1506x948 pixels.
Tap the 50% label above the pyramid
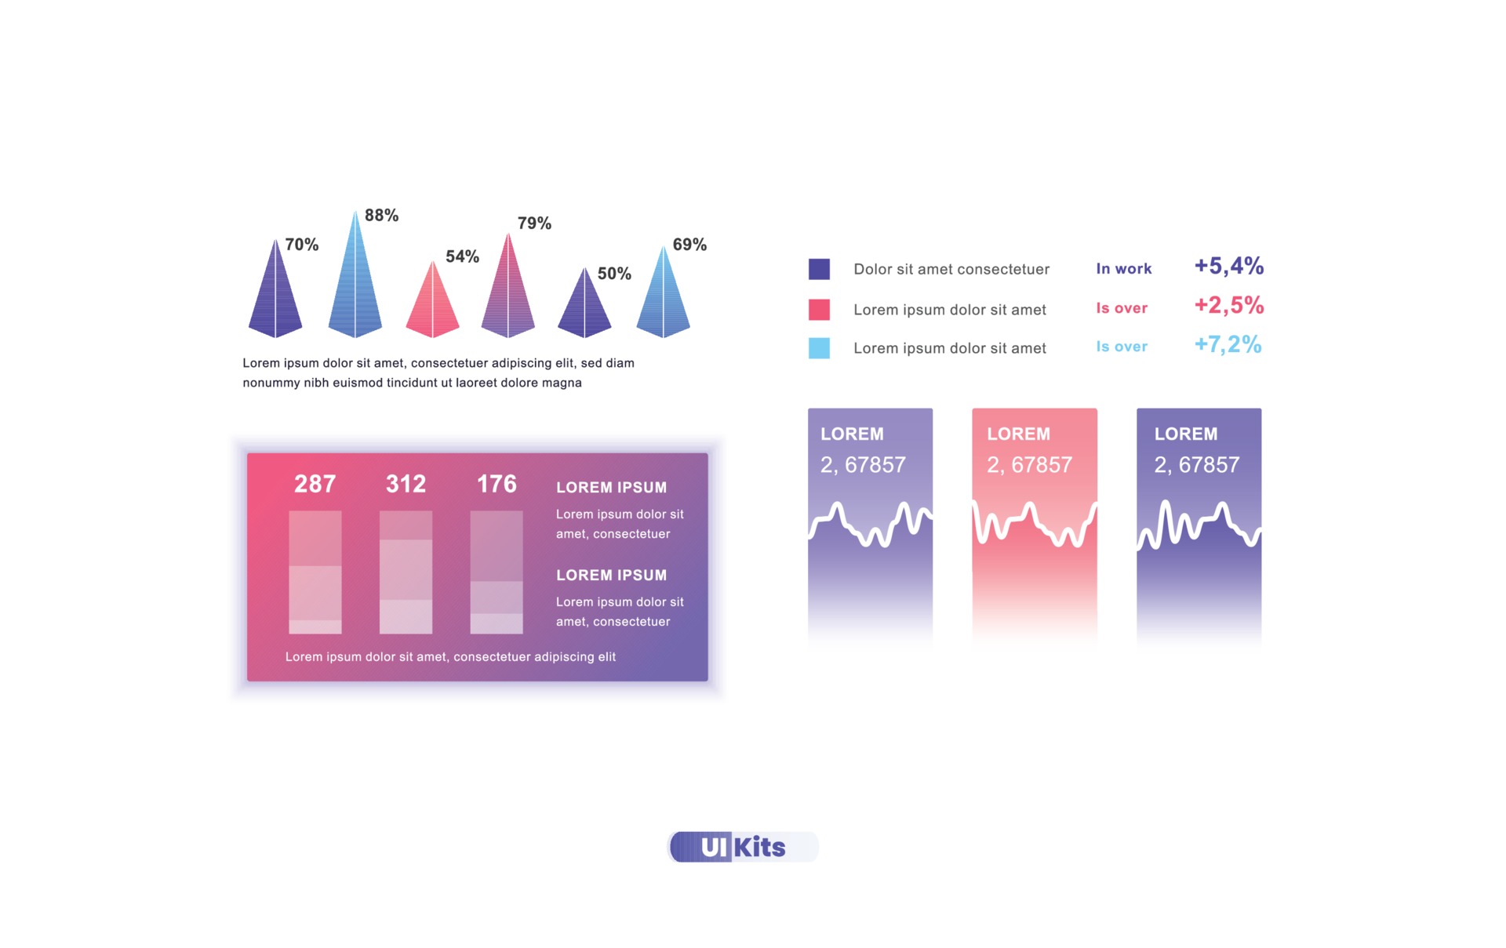[x=613, y=274]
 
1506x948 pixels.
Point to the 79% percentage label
[x=534, y=223]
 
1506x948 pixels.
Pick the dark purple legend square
[x=819, y=269]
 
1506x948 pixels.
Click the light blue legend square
[x=819, y=348]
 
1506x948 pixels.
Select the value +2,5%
[x=1228, y=305]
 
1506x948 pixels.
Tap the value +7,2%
[x=1228, y=344]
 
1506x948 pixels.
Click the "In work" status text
[x=1123, y=269]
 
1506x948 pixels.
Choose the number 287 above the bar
[x=315, y=484]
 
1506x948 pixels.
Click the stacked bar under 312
[x=406, y=572]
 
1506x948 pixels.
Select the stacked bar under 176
[x=497, y=572]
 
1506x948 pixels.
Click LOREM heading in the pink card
[x=1018, y=434]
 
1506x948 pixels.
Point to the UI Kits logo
[x=742, y=847]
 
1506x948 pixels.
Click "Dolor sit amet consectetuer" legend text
[x=951, y=269]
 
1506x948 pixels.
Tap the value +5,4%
[x=1228, y=266]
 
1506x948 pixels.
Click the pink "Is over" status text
[x=1122, y=308]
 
